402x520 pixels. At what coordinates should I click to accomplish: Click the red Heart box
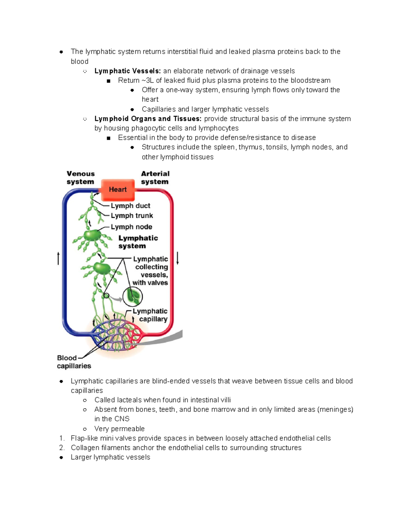point(118,190)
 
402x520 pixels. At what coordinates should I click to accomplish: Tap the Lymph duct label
point(130,206)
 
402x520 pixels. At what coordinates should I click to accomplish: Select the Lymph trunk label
point(132,216)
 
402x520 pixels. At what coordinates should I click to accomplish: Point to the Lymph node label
point(131,227)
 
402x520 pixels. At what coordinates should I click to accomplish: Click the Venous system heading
point(80,178)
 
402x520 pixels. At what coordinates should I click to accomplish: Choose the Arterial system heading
point(155,178)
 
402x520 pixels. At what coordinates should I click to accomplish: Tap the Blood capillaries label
point(74,362)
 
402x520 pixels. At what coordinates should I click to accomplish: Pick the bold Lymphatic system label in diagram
point(138,242)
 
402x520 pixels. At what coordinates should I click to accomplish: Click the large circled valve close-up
point(133,297)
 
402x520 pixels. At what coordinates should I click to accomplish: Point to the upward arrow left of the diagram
point(58,258)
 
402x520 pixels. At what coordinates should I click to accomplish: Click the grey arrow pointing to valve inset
point(116,298)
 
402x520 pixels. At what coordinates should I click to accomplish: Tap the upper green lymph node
point(92,235)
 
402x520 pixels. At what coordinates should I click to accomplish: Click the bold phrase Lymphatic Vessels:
point(128,71)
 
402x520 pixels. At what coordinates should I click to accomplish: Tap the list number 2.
point(62,448)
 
